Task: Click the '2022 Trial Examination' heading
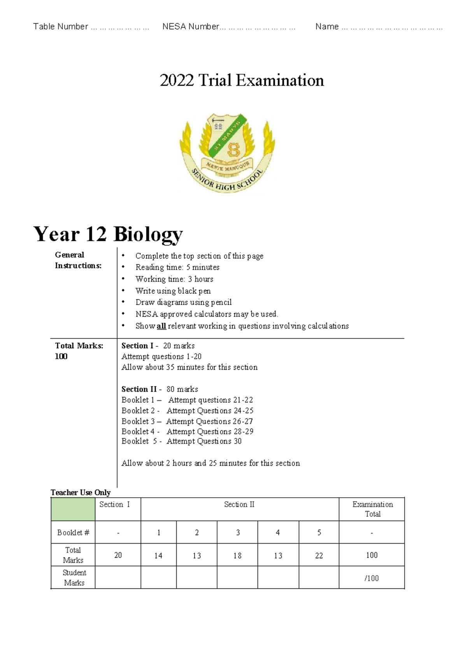coord(242,81)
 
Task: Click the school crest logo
coord(228,153)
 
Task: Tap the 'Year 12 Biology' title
coord(108,234)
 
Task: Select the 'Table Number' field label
coord(61,26)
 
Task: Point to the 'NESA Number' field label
coord(191,26)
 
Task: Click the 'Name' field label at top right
coord(327,26)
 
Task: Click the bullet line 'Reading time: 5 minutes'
coord(177,267)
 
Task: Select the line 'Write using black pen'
coord(173,291)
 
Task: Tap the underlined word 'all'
coord(161,326)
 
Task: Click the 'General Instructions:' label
coord(78,260)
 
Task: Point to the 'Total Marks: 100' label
coord(79,351)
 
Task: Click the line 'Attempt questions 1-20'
coord(161,356)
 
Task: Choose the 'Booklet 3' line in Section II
coord(187,421)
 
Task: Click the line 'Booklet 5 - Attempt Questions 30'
coord(181,441)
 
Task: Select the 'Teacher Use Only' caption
coord(81,492)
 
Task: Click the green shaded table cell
coord(73,509)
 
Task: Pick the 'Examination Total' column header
coord(372,509)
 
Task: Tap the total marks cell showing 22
coord(319,555)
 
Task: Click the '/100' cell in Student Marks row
coord(371,578)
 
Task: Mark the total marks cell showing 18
coord(237,555)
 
